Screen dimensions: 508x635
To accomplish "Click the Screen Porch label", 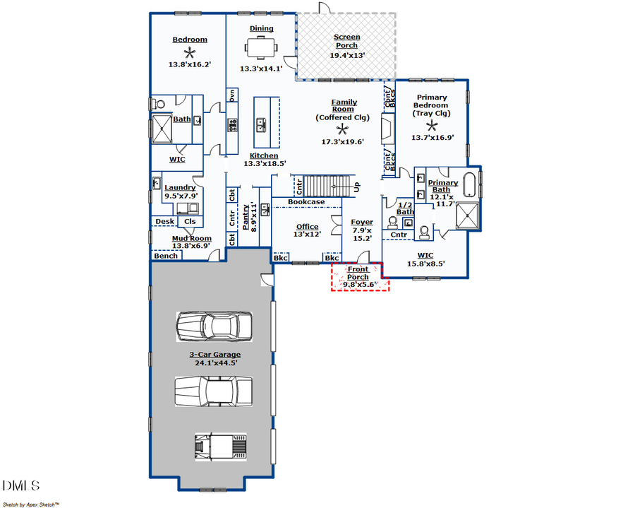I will coord(346,41).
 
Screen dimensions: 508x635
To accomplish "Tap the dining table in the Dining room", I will coord(261,47).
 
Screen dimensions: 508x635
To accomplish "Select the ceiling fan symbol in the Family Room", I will coord(343,129).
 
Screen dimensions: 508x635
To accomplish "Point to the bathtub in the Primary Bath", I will coord(470,183).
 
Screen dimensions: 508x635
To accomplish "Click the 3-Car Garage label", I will coord(214,355).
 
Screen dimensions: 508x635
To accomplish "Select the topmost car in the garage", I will coord(213,326).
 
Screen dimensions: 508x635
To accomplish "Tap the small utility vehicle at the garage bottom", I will coord(220,447).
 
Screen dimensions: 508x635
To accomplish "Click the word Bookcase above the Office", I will coord(306,202).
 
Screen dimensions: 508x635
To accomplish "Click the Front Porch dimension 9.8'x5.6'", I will coord(361,285).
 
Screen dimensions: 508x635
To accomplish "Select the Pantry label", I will coord(246,218).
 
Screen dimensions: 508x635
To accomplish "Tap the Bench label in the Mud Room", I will coord(166,256).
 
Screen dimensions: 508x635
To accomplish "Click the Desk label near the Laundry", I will coord(164,221).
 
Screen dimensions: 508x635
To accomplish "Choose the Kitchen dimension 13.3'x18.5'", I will coord(265,164).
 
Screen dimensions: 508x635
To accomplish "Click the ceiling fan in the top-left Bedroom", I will coord(189,52).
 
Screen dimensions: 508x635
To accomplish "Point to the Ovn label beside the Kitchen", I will coord(231,95).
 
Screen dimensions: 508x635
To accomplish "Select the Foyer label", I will coord(362,222).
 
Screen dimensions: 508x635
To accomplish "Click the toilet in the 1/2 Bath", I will coord(393,220).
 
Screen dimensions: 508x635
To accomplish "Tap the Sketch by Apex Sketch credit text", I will coord(31,504).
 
